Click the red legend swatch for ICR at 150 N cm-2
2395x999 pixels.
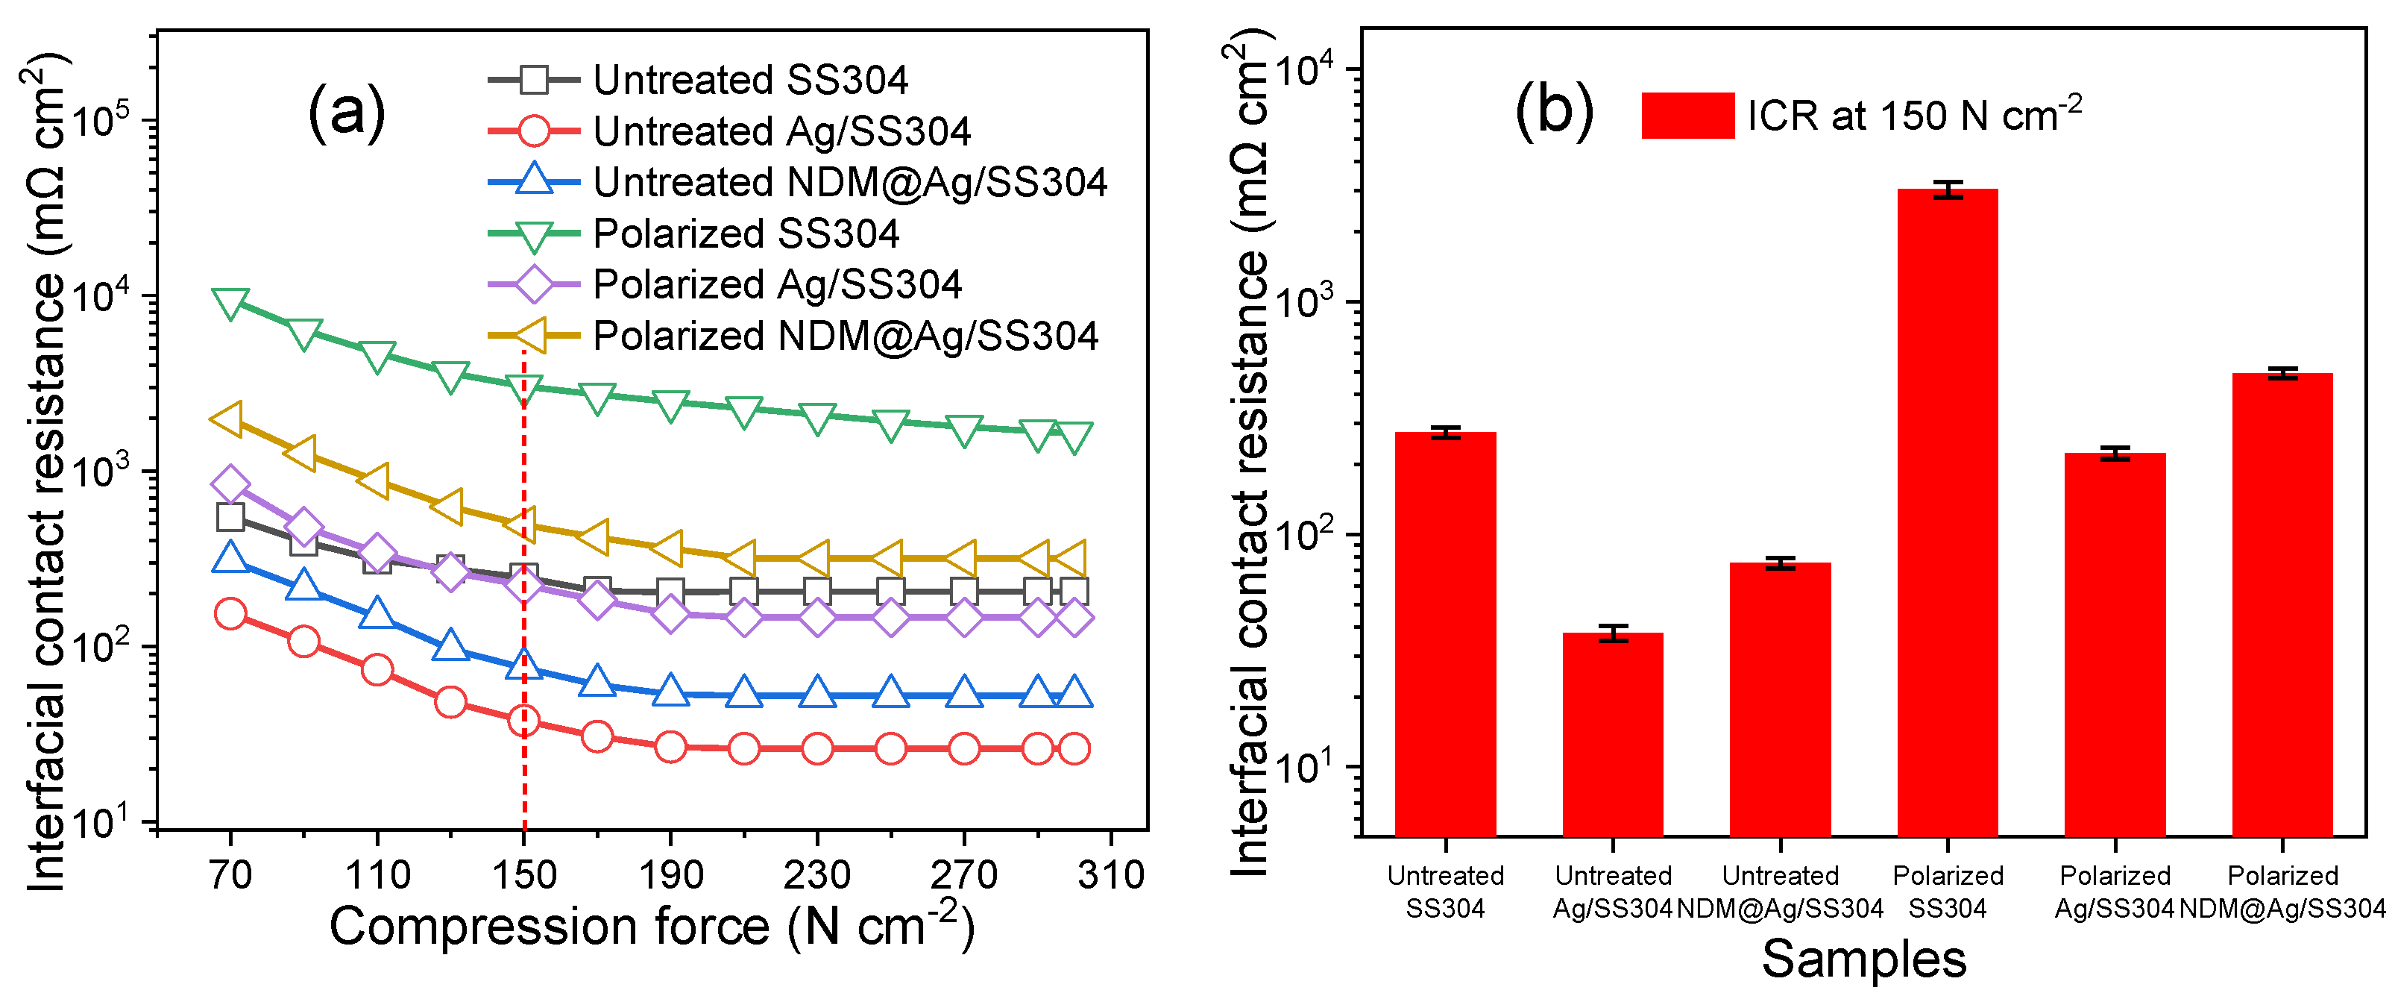(1687, 116)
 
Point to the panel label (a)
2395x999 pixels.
(346, 112)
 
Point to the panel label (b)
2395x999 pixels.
(1554, 110)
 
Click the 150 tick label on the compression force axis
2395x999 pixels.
(523, 875)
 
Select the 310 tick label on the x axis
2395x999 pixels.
(1110, 875)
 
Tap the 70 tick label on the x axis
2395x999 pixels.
(230, 875)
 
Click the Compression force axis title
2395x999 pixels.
(651, 927)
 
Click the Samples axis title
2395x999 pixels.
(1863, 959)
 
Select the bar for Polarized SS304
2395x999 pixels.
(1947, 512)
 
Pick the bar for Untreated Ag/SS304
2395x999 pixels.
(1612, 735)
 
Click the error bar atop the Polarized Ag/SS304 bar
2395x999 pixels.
(2114, 453)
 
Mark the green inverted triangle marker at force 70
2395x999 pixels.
(230, 302)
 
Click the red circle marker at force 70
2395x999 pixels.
(230, 614)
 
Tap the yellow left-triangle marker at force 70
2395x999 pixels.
(227, 419)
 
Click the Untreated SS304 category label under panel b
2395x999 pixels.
(1445, 891)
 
